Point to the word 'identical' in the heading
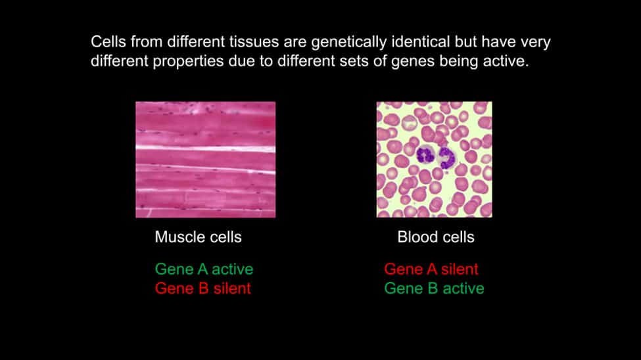(x=421, y=41)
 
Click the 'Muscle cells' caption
(x=199, y=237)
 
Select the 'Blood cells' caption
(x=436, y=237)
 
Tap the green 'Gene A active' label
(x=204, y=269)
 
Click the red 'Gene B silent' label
(x=202, y=288)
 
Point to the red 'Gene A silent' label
(x=431, y=269)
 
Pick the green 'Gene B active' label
(x=434, y=288)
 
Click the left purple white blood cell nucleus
(x=426, y=156)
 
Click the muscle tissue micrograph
(x=206, y=160)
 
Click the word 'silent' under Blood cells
(x=460, y=269)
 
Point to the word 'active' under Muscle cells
(x=233, y=269)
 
